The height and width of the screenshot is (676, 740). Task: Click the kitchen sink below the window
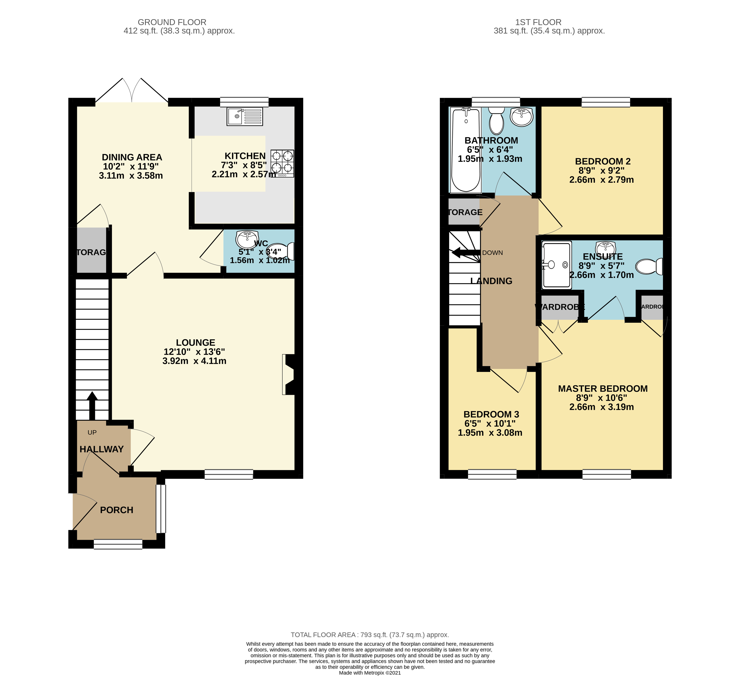pyautogui.click(x=245, y=117)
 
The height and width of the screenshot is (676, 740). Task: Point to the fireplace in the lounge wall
pyautogui.click(x=288, y=374)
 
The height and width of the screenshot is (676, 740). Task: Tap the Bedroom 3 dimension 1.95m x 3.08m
pyautogui.click(x=490, y=433)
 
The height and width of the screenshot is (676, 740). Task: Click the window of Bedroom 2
pyautogui.click(x=606, y=102)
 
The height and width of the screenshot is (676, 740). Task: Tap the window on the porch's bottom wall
pyautogui.click(x=118, y=544)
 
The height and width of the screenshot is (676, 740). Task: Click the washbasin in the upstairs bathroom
pyautogui.click(x=522, y=117)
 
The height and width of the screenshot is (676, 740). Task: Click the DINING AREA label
pyautogui.click(x=132, y=157)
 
